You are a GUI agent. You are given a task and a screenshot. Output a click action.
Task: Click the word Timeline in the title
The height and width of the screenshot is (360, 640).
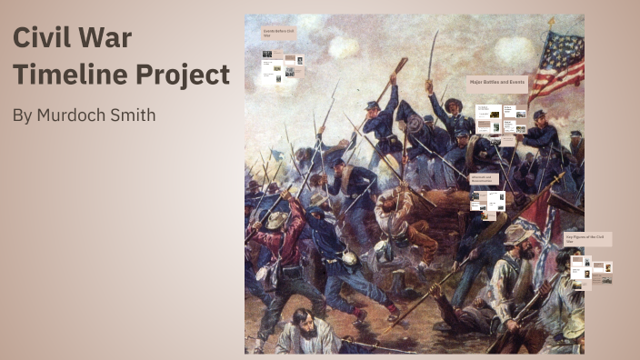[x=59, y=75]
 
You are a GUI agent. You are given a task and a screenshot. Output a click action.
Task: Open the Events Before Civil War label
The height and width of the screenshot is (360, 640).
[x=279, y=34]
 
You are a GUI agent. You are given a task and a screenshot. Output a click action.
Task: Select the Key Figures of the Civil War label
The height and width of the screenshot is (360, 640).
[x=587, y=239]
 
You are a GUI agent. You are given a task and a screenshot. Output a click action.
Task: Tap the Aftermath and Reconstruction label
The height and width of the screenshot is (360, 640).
[x=483, y=178]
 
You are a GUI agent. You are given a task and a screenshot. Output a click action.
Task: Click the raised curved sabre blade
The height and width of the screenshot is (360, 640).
[x=433, y=53]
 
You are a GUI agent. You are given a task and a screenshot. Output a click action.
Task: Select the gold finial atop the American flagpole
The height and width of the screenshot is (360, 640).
[x=550, y=20]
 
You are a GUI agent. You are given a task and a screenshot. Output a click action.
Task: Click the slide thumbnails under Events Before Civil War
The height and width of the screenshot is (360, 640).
[x=283, y=67]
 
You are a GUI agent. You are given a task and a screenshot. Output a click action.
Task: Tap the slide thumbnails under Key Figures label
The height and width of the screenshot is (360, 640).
[x=590, y=271]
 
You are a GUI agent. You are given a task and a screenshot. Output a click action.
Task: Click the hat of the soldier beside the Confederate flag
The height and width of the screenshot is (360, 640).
[x=517, y=235]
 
